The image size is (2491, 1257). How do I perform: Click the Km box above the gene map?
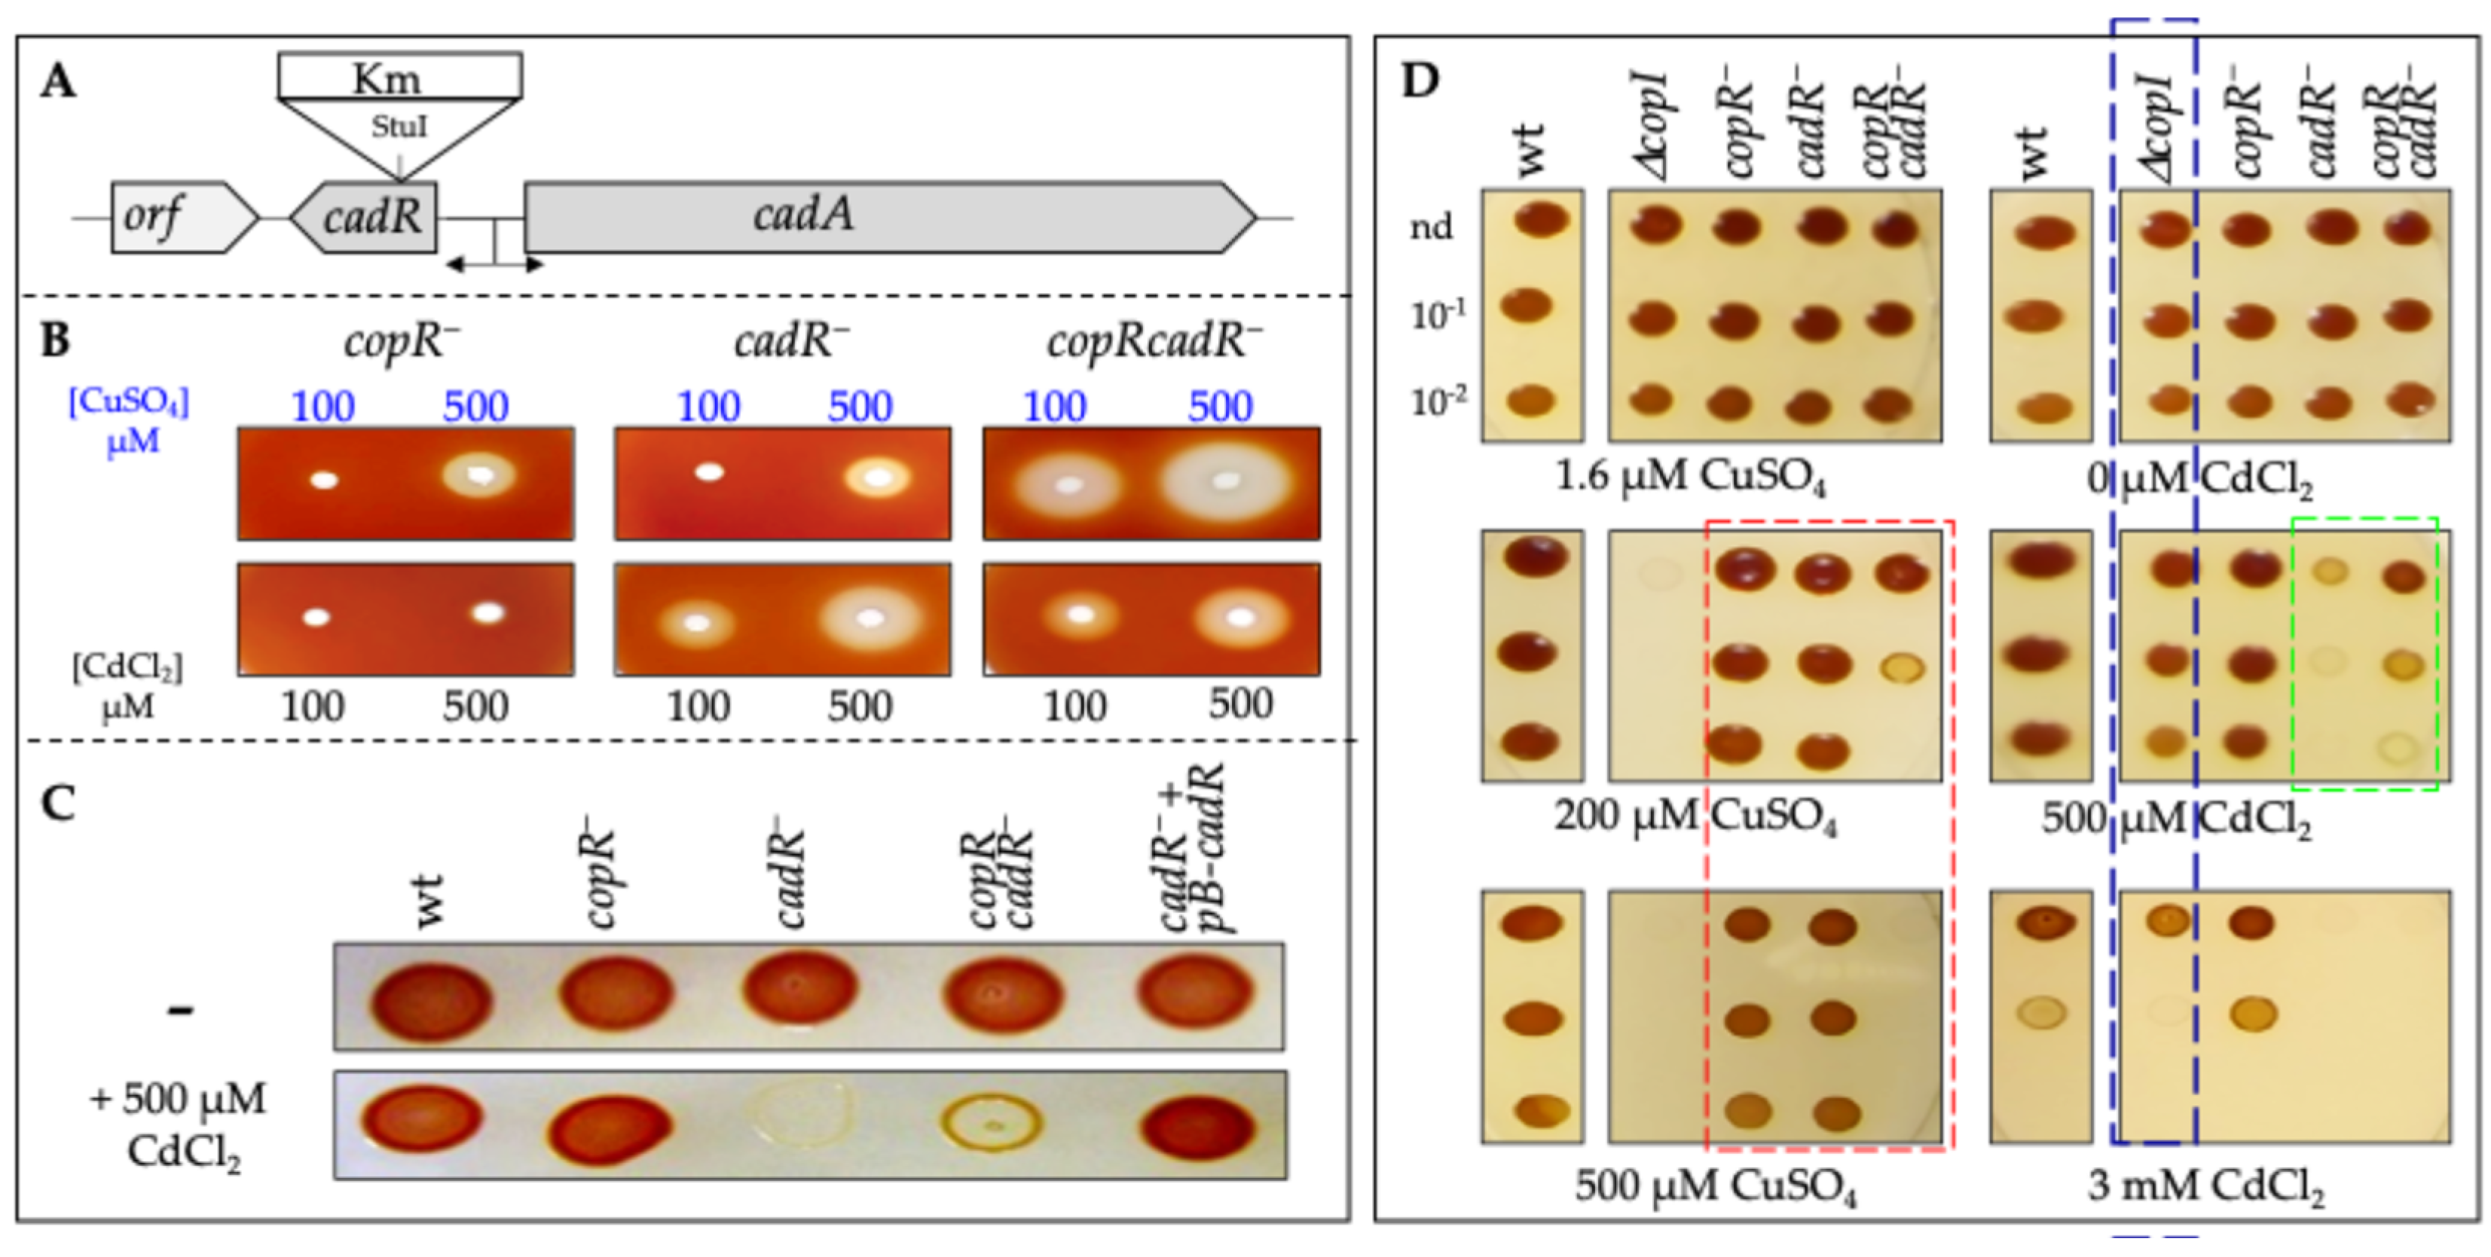point(399,76)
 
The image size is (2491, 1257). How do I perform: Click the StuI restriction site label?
point(399,127)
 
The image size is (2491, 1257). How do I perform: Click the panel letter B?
point(56,340)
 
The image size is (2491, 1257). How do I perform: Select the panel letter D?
point(1420,82)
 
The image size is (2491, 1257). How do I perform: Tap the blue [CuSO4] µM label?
point(130,420)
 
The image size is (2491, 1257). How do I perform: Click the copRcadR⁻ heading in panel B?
point(1154,341)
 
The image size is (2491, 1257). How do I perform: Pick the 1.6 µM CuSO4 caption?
point(1690,477)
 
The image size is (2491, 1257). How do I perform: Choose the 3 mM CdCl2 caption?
point(2205,1185)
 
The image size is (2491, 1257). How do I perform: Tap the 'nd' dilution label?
point(1431,228)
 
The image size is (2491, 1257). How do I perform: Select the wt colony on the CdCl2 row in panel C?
point(422,1121)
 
